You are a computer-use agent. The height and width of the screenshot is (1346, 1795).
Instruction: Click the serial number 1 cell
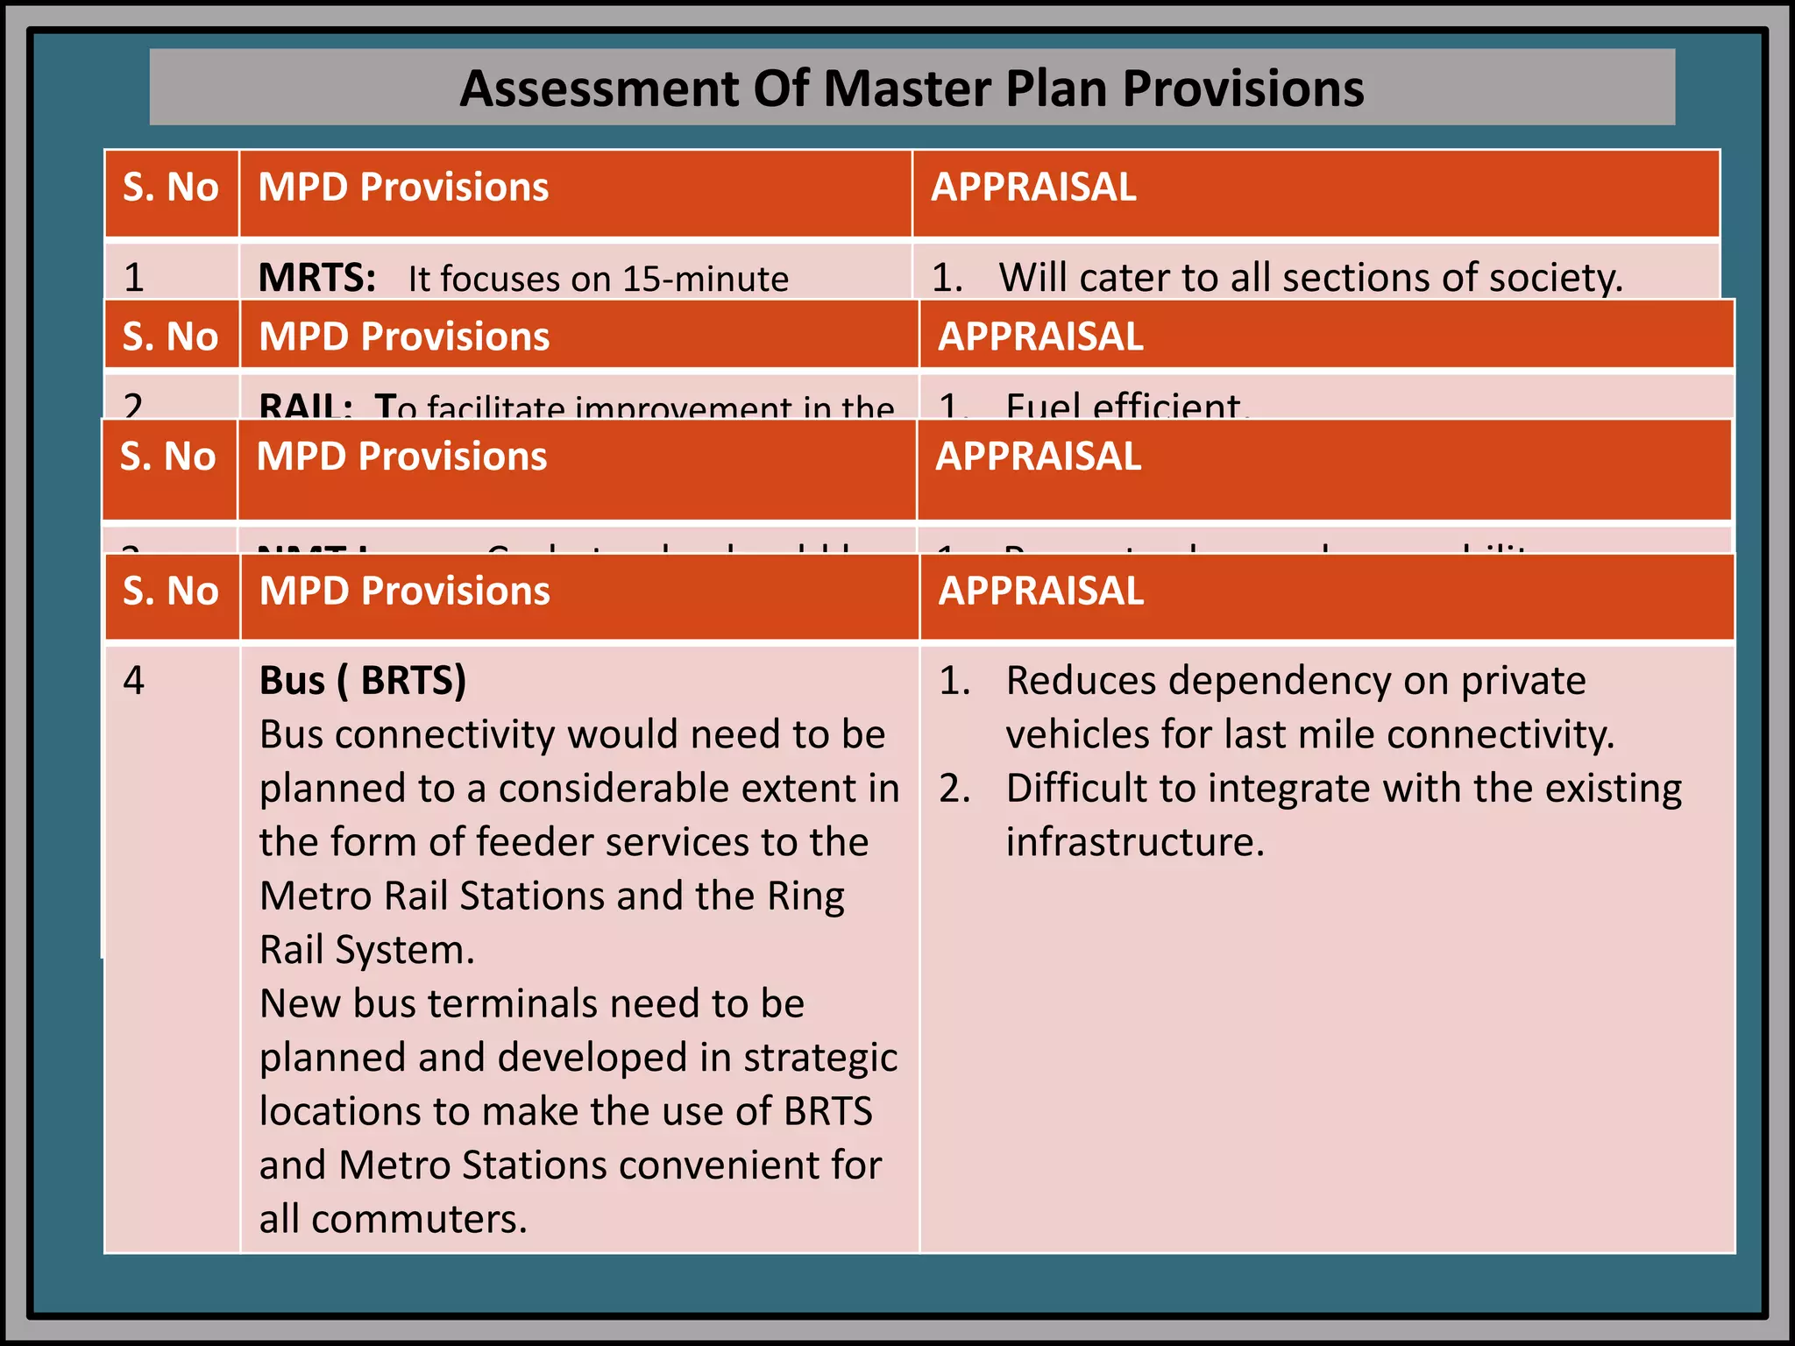pyautogui.click(x=134, y=278)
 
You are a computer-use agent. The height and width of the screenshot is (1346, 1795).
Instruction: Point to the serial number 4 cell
pyautogui.click(x=133, y=681)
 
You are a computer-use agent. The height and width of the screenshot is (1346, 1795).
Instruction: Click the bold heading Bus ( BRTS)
pyautogui.click(x=363, y=681)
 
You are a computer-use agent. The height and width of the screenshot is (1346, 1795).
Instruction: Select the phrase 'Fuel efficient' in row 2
pyautogui.click(x=1124, y=407)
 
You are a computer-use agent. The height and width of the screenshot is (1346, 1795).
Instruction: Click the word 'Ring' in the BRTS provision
pyautogui.click(x=805, y=896)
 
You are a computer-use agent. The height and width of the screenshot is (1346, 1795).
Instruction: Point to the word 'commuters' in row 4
pyautogui.click(x=419, y=1219)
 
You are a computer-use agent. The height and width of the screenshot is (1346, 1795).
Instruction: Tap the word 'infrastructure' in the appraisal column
pyautogui.click(x=1135, y=842)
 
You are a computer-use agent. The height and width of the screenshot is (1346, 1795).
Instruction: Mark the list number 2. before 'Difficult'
pyautogui.click(x=954, y=789)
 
